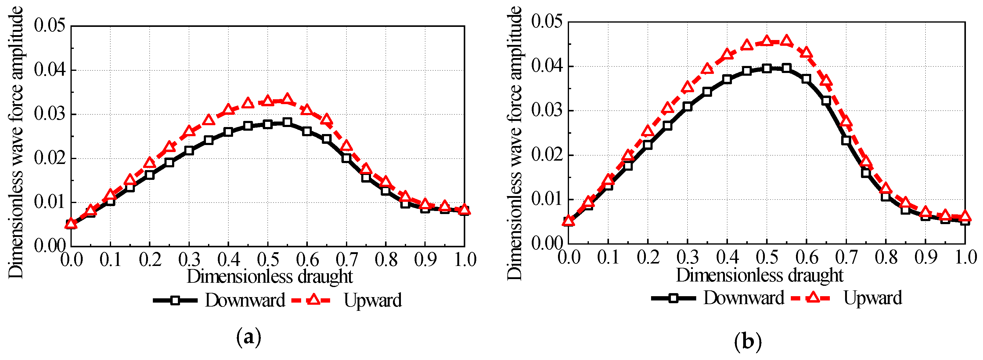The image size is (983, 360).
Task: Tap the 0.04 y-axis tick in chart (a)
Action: [x=50, y=70]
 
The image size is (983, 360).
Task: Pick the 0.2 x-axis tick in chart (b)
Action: [x=648, y=257]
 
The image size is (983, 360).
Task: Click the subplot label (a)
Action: [x=249, y=337]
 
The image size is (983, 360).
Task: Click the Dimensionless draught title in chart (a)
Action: [x=269, y=276]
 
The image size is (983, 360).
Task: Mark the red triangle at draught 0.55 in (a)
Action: [x=287, y=99]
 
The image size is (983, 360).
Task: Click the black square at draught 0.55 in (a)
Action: [x=287, y=122]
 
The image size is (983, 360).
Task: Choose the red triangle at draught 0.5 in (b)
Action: [x=767, y=41]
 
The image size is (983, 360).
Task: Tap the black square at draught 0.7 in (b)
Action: [x=846, y=140]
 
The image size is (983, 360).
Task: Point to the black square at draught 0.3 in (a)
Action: [x=189, y=151]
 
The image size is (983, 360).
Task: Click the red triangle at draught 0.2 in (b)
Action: [x=648, y=131]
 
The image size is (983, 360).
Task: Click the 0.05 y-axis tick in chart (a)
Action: [x=50, y=26]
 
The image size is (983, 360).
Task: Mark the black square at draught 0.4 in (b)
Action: [x=727, y=79]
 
